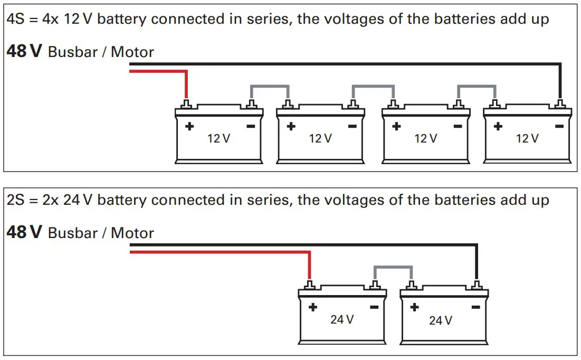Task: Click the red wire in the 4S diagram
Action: click(158, 71)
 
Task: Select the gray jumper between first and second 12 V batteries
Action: click(270, 86)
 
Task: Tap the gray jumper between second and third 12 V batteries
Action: click(373, 86)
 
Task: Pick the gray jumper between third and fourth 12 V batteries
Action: click(476, 86)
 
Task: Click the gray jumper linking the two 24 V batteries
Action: click(393, 267)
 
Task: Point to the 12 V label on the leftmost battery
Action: click(218, 139)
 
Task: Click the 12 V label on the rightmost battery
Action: click(527, 139)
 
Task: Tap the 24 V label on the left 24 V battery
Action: click(342, 319)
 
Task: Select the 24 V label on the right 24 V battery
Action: click(440, 320)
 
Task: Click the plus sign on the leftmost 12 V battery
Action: click(189, 127)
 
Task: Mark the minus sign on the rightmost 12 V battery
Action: click(559, 127)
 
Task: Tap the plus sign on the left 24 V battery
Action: click(312, 307)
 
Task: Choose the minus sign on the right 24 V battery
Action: click(475, 307)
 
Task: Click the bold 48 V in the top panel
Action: click(24, 52)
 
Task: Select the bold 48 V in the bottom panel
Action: click(24, 232)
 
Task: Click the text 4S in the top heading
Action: click(15, 20)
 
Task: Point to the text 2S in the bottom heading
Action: click(15, 201)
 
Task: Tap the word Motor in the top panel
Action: click(132, 52)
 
